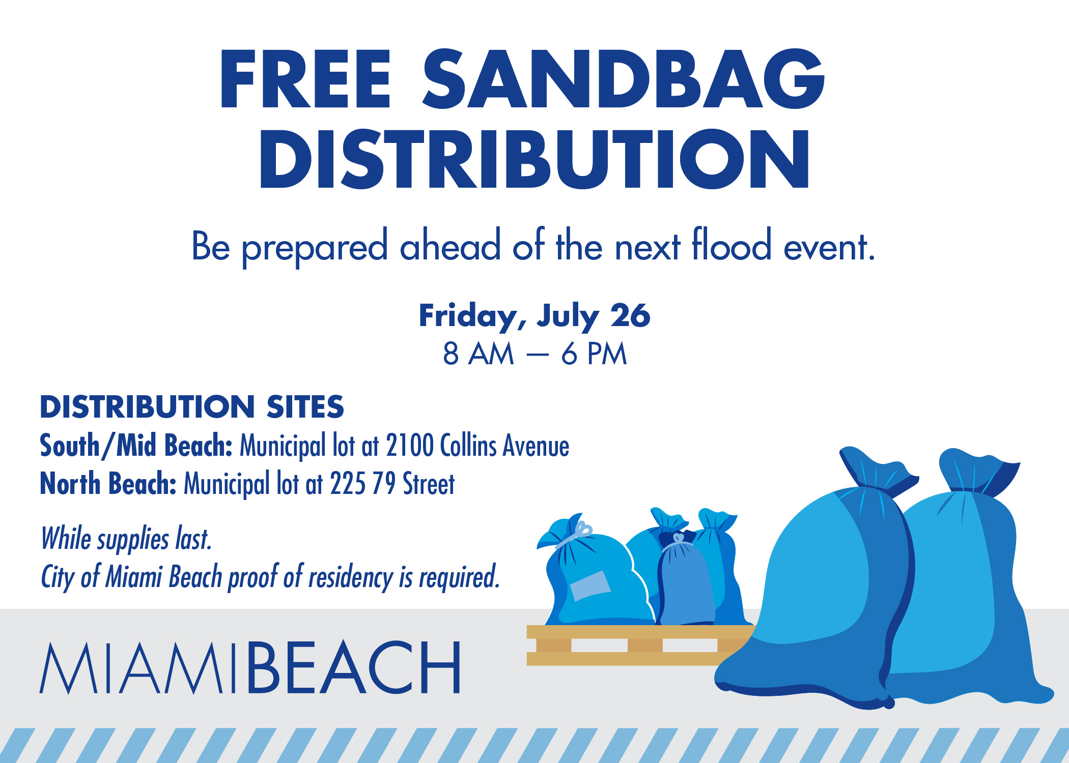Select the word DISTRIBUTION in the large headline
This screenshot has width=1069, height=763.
point(534,159)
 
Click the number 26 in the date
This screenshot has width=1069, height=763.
point(630,316)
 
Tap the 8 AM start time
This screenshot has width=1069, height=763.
point(478,354)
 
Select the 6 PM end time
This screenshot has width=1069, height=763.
point(594,354)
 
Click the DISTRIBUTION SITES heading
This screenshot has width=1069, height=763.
point(192,407)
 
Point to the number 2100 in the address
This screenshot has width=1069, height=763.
point(410,446)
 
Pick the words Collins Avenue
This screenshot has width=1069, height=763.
point(504,446)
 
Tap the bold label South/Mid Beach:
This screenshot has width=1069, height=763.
point(136,446)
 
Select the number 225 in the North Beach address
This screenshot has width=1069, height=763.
point(348,484)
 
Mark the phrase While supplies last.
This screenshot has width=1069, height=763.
point(126,539)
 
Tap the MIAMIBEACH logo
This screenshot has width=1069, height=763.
point(250,667)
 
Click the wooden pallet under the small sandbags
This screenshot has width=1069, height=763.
point(640,645)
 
